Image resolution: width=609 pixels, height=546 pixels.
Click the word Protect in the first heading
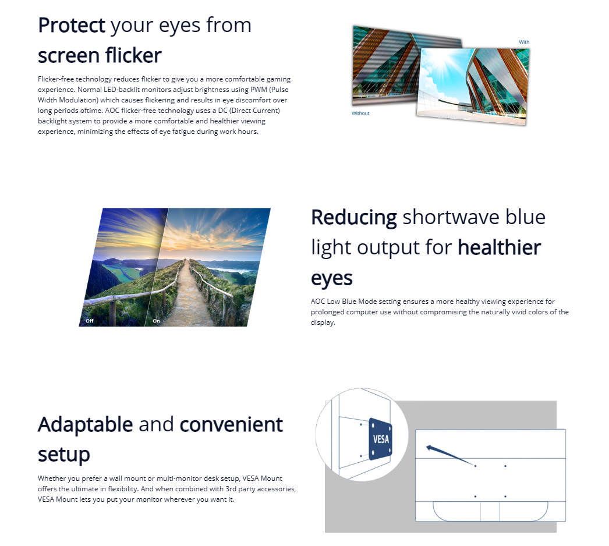click(72, 26)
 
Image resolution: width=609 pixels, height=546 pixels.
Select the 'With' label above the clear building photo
click(524, 42)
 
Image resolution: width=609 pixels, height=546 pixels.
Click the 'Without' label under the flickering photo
click(360, 114)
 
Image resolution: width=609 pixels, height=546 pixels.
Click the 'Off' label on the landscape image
click(90, 321)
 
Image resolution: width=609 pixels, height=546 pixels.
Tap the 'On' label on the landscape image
click(156, 321)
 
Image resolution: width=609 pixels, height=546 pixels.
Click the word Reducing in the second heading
click(354, 218)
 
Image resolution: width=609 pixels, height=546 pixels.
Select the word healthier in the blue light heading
click(500, 247)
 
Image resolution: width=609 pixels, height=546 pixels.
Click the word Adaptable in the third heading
click(86, 424)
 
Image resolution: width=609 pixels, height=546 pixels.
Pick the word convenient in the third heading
click(231, 424)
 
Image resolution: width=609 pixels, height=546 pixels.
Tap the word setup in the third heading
click(64, 455)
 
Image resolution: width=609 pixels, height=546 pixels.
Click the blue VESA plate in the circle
click(380, 439)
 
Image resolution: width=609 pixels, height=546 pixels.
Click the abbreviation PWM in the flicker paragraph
click(259, 90)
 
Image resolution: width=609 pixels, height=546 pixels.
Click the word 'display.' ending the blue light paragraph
click(323, 322)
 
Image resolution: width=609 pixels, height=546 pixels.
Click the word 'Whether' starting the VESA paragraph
click(53, 478)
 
